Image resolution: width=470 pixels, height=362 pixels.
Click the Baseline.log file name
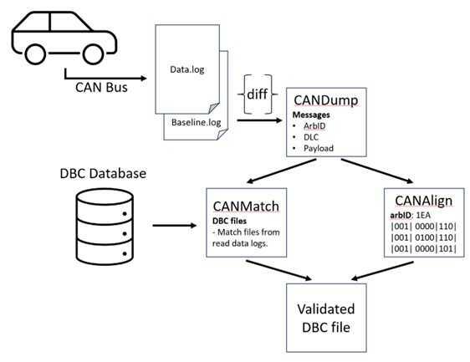[197, 122]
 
